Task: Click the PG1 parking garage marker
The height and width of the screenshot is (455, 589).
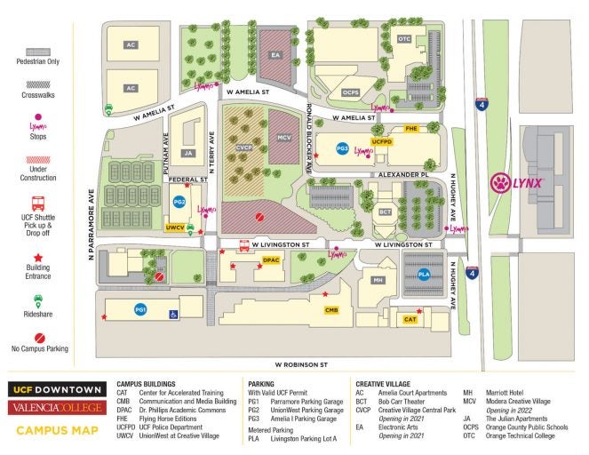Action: point(139,309)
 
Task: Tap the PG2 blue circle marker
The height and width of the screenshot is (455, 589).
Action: point(179,202)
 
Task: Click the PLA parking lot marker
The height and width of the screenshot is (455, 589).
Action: point(424,275)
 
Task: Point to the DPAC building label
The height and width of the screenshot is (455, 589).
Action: point(272,259)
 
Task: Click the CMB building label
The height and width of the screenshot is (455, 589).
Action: point(331,309)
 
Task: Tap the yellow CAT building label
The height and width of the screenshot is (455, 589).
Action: point(410,319)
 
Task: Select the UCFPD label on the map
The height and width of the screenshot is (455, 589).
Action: point(382,141)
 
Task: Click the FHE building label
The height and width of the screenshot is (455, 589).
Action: point(411,129)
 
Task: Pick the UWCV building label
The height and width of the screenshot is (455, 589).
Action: point(175,227)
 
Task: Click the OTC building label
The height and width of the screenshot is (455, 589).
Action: point(404,39)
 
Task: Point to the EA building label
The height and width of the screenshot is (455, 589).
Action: point(275,55)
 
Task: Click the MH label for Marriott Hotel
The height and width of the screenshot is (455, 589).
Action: point(378,280)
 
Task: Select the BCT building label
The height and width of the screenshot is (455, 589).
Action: point(386,212)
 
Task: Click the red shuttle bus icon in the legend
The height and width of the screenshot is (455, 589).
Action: point(38,204)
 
